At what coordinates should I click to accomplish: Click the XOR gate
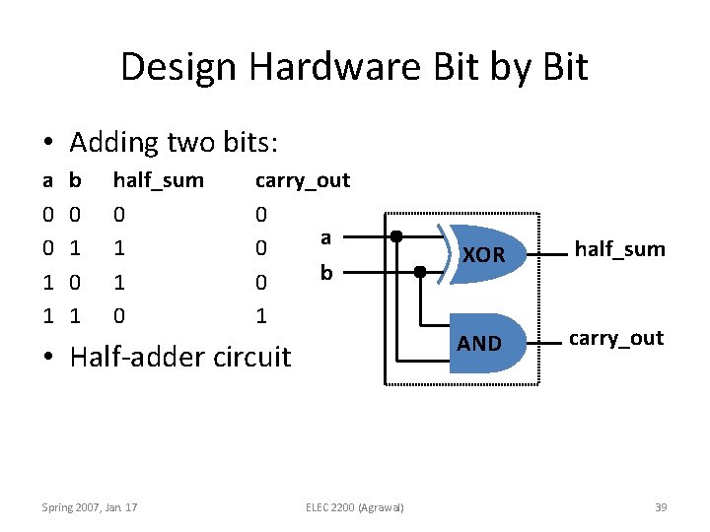pos(482,254)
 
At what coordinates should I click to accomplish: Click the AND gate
pos(482,343)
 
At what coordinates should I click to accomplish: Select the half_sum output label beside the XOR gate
pos(619,249)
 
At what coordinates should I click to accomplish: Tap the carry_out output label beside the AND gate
pos(615,338)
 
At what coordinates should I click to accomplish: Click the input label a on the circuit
pos(325,236)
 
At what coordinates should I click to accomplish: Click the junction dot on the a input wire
pos(395,236)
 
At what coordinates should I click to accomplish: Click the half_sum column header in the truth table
pos(159,180)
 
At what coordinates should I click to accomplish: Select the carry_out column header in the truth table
pos(302,180)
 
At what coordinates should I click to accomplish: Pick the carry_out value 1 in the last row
pos(260,316)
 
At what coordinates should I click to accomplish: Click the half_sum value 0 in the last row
pos(119,316)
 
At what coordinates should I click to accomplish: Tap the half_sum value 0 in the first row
pos(119,214)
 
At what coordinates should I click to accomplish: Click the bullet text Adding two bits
pos(174,142)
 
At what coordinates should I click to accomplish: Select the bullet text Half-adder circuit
pos(179,356)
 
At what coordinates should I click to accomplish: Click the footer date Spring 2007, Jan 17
pos(90,507)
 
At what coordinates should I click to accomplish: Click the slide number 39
pos(661,507)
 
